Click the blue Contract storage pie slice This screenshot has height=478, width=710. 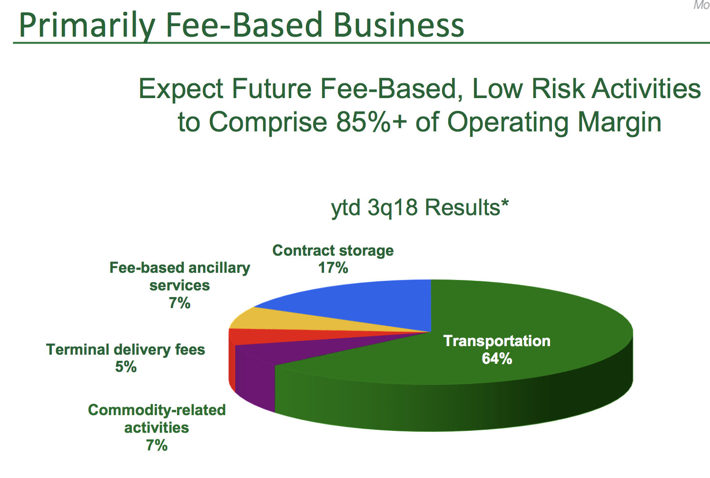[x=365, y=305]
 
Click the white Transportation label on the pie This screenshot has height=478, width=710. [x=497, y=341]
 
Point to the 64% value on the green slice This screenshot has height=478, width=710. [x=497, y=358]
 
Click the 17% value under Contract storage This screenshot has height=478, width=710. [x=333, y=268]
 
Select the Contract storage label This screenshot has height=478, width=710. [x=333, y=250]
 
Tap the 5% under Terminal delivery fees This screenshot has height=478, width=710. [x=126, y=367]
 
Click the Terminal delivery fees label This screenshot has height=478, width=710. [x=126, y=349]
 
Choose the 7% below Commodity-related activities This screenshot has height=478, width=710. [x=157, y=445]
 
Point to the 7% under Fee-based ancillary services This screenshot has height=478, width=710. [x=180, y=303]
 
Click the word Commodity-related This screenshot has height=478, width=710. [x=157, y=410]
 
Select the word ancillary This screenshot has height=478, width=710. [x=219, y=268]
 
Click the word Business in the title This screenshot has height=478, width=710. [x=399, y=25]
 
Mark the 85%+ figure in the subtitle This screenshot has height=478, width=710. [x=372, y=122]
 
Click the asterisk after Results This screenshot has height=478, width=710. [x=505, y=203]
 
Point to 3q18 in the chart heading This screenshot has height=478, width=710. [x=393, y=208]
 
